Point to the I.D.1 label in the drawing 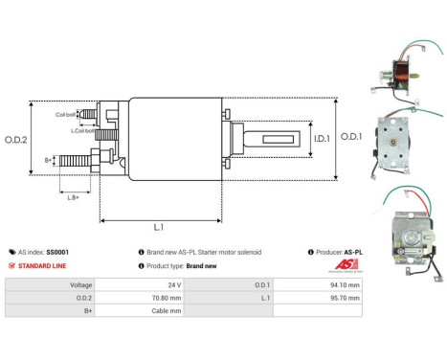click(321, 137)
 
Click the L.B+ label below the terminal click(74, 196)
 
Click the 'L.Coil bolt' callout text click(83, 130)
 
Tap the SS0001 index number click(58, 252)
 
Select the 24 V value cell click(174, 284)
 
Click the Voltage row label click(80, 284)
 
